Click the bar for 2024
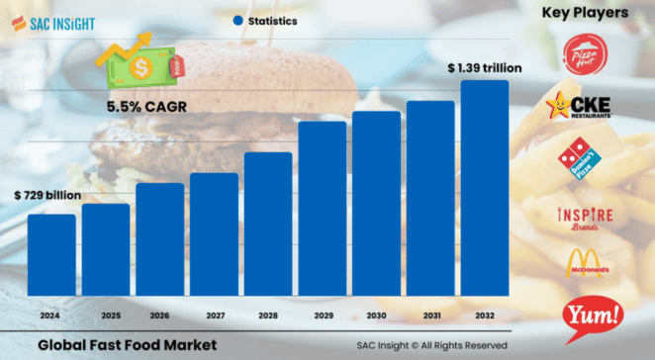[50, 253]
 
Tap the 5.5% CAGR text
[145, 106]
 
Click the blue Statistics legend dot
[237, 20]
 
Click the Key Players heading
[585, 13]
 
